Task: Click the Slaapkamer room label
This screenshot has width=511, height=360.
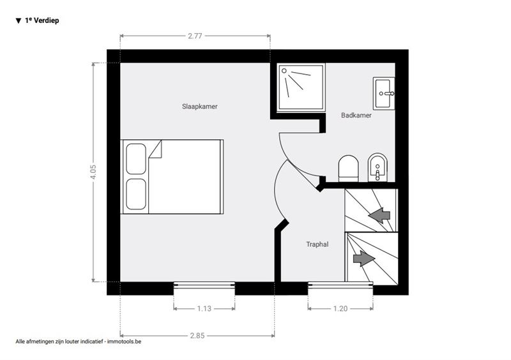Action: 199,107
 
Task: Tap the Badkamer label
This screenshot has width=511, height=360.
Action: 356,115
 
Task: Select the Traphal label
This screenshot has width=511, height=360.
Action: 317,244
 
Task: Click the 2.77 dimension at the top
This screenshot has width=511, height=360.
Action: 195,36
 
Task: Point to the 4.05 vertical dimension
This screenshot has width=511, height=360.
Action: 93,172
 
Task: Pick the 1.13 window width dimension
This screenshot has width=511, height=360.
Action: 204,308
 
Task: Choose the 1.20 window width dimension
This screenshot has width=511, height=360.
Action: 340,308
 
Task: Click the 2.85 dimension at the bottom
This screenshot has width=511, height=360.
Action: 197,335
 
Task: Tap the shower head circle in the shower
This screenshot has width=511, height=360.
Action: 284,71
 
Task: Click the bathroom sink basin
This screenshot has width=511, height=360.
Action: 383,93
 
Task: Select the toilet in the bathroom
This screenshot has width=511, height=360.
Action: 348,168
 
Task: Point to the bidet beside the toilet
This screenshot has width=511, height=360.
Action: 378,167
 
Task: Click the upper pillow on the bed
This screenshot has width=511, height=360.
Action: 136,159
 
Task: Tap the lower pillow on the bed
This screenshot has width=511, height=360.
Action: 136,194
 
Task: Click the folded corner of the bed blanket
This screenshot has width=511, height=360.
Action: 156,151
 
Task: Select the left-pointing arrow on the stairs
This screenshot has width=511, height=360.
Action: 379,215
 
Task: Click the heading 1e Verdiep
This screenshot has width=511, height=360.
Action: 42,20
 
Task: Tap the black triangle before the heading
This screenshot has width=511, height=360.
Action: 19,21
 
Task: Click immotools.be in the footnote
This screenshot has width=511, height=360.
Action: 124,341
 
